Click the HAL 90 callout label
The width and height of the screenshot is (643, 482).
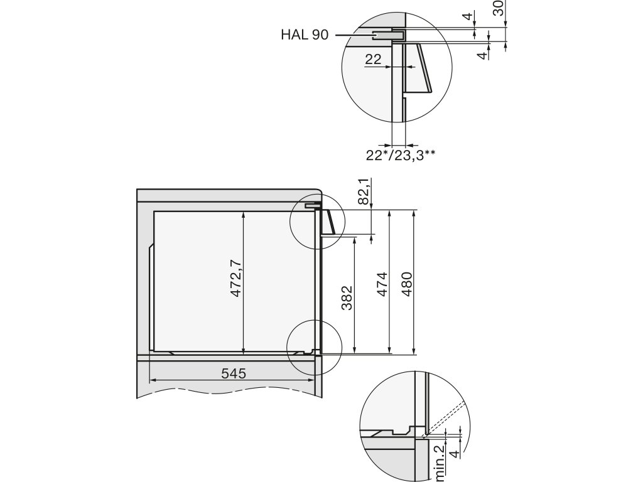[x=305, y=35]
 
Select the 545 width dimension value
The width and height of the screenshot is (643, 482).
[x=234, y=373]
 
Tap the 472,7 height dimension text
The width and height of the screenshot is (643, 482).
[x=236, y=279]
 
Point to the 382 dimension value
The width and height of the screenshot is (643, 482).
[x=347, y=298]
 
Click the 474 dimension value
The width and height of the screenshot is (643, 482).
[x=382, y=284]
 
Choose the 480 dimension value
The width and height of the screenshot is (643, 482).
[x=407, y=284]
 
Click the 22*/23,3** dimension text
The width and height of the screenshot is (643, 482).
[x=401, y=155]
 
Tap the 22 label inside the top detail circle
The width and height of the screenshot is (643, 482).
[x=373, y=60]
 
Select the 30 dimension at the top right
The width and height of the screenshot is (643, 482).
[x=498, y=8]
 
